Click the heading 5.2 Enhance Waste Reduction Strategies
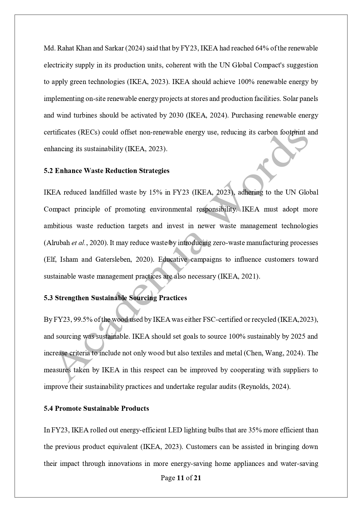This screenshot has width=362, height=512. (107, 171)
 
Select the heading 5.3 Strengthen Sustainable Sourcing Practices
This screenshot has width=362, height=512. (115, 298)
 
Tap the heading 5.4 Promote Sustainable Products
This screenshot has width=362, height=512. (96, 408)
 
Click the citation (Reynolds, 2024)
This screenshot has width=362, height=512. (264, 387)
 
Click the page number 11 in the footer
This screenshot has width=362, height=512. (180, 478)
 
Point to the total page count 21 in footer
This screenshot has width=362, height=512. (198, 478)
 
